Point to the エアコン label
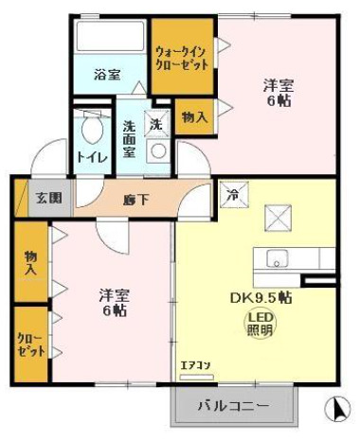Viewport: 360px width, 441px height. [193, 363]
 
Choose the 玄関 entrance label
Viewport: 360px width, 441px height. [49, 198]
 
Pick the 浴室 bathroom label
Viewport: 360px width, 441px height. [106, 75]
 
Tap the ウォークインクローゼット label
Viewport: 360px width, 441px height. [182, 57]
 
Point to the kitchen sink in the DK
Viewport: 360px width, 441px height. [282, 257]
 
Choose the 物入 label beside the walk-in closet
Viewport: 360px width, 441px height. [194, 117]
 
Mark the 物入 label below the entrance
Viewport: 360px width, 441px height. [31, 263]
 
